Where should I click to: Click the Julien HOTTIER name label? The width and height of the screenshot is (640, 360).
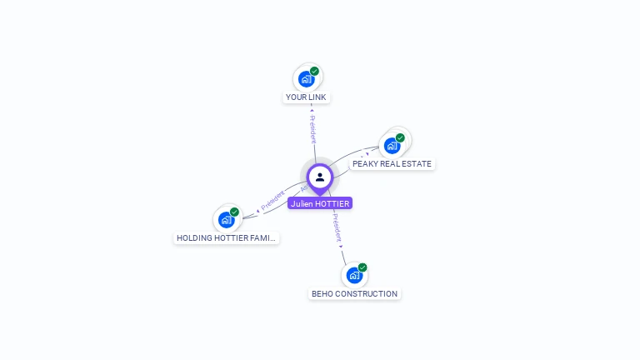320,203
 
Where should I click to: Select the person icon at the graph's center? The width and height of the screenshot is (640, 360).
320,177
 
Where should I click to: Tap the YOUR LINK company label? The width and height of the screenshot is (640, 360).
306,97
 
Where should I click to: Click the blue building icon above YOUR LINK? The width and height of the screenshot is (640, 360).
306,80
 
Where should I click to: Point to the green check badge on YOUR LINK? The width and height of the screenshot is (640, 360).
315,72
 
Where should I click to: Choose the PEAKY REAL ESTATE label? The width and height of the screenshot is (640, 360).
392,164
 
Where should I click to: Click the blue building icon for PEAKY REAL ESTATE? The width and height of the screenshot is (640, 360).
392,146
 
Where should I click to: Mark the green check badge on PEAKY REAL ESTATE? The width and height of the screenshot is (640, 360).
400,137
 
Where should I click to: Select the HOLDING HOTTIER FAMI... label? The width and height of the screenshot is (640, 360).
226,238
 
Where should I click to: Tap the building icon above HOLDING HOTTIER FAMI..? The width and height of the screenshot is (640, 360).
226,220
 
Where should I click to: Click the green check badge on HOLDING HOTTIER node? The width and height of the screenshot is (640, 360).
235,212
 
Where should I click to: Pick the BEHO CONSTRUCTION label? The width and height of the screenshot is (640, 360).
354,294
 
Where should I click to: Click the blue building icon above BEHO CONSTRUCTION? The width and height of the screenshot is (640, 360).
354,276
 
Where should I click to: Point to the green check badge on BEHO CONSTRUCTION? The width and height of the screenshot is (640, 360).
362,267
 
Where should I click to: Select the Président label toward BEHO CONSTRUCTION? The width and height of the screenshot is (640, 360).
336,227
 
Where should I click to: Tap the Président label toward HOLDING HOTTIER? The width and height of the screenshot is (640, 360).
273,200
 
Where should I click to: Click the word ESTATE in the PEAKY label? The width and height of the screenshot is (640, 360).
416,164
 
